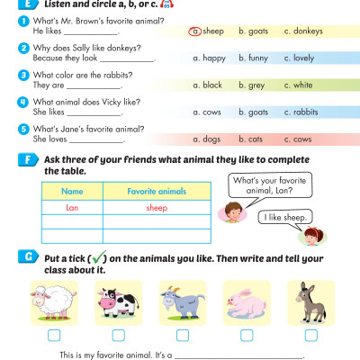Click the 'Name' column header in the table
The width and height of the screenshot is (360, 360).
(x=72, y=192)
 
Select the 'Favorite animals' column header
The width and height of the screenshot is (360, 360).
(x=156, y=192)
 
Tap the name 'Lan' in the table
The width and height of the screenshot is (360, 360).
(x=72, y=207)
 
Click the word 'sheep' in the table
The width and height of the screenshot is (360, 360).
(x=156, y=207)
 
